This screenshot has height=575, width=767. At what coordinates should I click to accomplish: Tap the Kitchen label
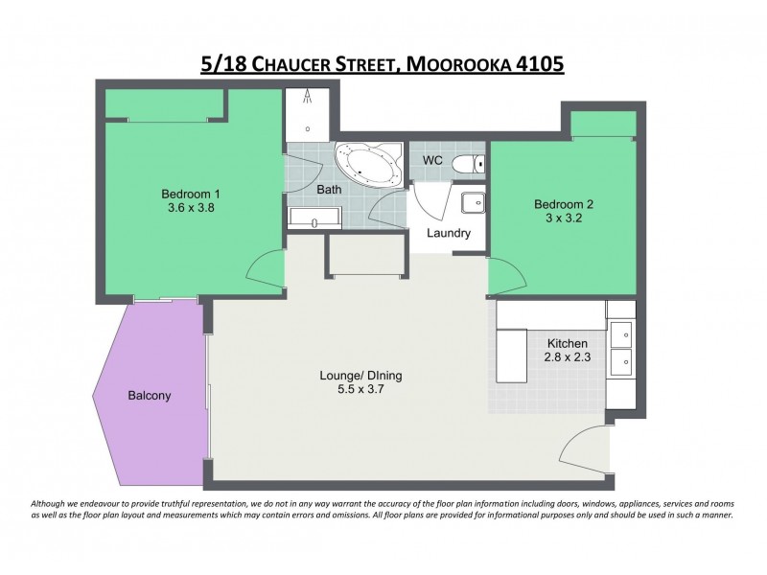tap(567, 344)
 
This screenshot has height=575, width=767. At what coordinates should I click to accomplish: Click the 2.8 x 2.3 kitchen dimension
tap(567, 359)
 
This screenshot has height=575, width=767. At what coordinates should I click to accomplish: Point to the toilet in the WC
tap(468, 162)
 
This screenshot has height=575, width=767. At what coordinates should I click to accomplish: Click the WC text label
tap(432, 160)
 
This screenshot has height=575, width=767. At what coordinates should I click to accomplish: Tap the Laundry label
tap(448, 233)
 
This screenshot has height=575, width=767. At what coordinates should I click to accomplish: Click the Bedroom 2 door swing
tap(506, 276)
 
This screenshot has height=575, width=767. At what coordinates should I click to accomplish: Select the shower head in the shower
tap(308, 96)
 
